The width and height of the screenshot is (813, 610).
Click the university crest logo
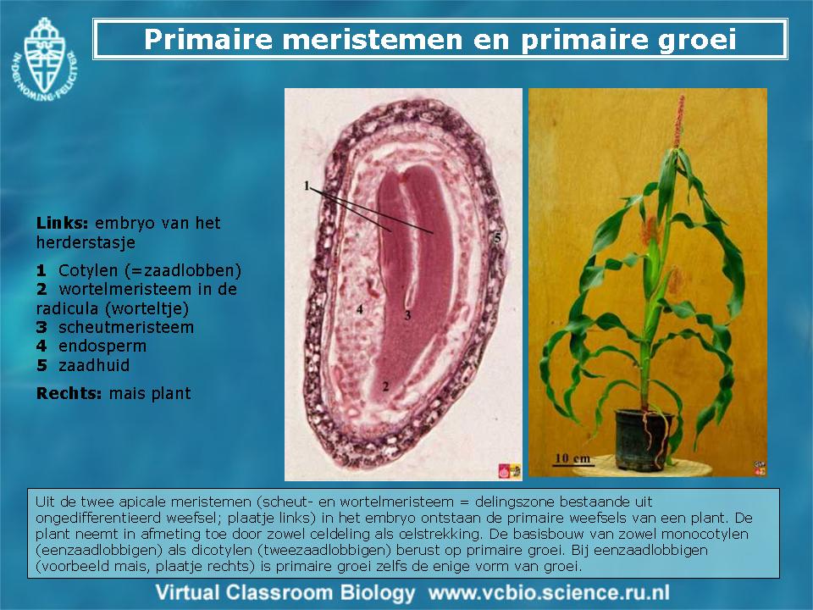pos(43,59)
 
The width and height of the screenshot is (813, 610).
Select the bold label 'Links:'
pos(62,223)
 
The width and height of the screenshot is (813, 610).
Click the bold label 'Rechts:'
pos(69,393)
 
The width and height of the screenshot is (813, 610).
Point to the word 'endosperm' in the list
pos(102,346)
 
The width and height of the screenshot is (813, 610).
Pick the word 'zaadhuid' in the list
pos(94,365)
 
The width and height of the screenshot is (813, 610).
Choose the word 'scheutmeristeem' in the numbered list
pos(126,327)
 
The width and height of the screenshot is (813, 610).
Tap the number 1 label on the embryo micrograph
pos(307,186)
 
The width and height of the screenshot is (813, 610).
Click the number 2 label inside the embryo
pos(385,386)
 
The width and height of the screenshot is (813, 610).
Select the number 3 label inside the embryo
pos(407,315)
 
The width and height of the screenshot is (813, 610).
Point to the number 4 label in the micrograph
pos(359,309)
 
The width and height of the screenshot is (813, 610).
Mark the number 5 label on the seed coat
pos(497,238)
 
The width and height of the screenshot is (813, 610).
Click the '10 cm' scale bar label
pos(572,458)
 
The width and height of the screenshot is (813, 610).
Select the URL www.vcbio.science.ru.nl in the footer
pos(549,592)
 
